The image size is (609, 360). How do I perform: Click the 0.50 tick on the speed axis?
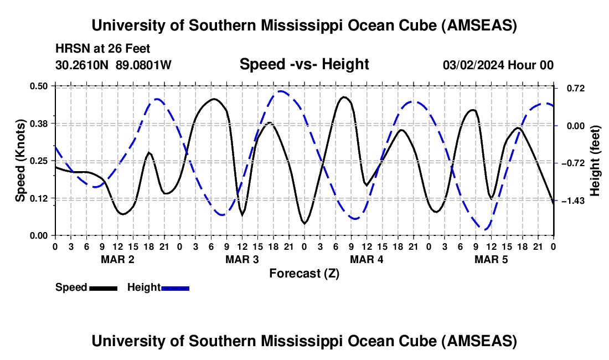(x=39, y=86)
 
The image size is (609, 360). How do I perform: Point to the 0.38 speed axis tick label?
(x=39, y=124)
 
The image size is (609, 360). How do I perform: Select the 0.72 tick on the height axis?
(x=576, y=89)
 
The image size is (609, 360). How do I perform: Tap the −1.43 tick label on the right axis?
(x=573, y=201)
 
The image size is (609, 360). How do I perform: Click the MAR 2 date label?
(x=118, y=259)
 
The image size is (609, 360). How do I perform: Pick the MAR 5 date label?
(x=491, y=259)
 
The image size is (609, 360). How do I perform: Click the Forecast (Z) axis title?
(x=304, y=274)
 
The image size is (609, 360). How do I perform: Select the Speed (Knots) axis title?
(x=20, y=161)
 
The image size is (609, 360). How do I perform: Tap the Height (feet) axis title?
(x=595, y=161)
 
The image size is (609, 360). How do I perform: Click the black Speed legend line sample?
(x=104, y=288)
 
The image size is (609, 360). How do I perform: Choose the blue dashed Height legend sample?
(x=175, y=288)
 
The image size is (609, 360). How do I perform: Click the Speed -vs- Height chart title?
(x=304, y=64)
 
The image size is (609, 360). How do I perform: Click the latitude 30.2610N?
(x=82, y=65)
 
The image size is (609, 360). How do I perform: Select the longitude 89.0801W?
(x=143, y=65)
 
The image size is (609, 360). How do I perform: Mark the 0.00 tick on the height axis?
(x=576, y=126)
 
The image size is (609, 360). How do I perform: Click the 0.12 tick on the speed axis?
(x=39, y=198)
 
